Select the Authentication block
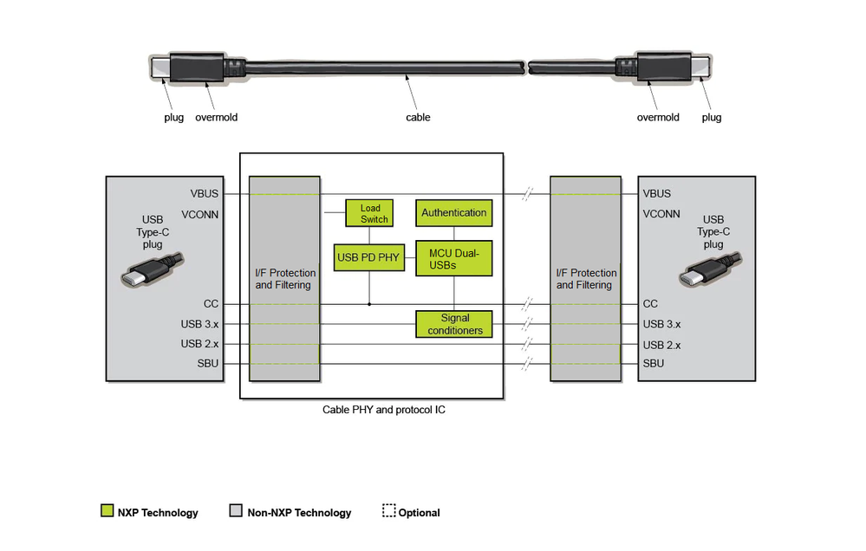(453, 213)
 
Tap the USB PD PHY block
(369, 257)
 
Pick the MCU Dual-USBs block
(453, 258)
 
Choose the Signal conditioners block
(454, 324)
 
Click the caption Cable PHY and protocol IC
(371, 410)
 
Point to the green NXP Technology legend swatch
(107, 511)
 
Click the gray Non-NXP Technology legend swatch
(236, 511)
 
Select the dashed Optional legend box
(389, 511)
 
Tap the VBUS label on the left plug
(205, 194)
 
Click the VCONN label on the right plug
(661, 214)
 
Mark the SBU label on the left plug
(208, 364)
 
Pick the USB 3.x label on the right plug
(661, 325)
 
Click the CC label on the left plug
(211, 304)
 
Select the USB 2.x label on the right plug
(661, 345)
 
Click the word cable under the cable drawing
(418, 117)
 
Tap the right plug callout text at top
(711, 117)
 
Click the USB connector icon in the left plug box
(152, 270)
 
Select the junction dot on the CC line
(369, 304)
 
